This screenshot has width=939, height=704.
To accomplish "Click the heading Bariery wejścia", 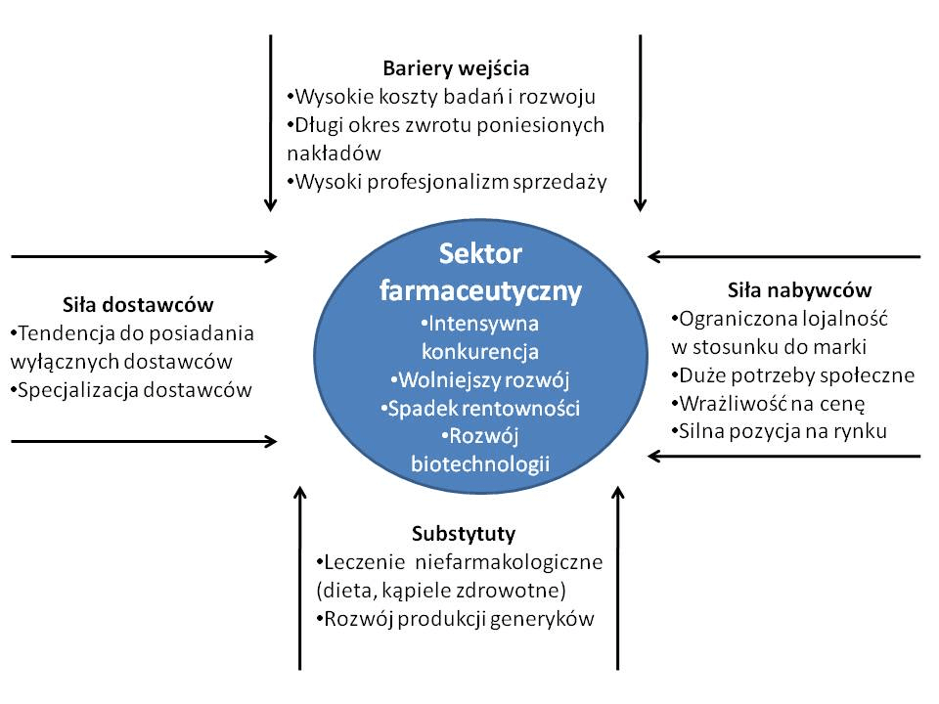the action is pos(456,68).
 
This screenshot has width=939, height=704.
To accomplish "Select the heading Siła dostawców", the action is pos(138,305).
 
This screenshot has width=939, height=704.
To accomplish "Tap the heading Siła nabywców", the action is pos(799,290).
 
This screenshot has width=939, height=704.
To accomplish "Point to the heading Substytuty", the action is pos(464,534).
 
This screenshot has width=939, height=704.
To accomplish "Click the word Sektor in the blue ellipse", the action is pos(480,254).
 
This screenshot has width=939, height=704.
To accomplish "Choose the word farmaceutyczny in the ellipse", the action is pos(480,291).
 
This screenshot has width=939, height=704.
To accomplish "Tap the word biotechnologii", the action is pos(480,463).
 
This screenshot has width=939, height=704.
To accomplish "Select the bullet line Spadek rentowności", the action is pos(480,409).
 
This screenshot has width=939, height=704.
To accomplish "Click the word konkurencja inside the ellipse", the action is pos(480,351).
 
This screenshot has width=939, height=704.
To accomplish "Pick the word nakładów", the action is pos(334,154).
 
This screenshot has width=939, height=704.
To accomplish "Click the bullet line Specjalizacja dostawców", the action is pos(131,390).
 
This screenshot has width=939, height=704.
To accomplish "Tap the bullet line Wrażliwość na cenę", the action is pos(769,404).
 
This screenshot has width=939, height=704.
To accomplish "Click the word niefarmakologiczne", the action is pos(509,563).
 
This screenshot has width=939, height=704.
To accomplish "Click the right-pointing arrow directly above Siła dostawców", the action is pos(145,257).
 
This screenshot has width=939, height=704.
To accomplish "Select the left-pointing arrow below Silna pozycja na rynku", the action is pos(783,457).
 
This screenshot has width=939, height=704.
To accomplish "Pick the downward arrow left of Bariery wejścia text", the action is pos(271,123).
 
